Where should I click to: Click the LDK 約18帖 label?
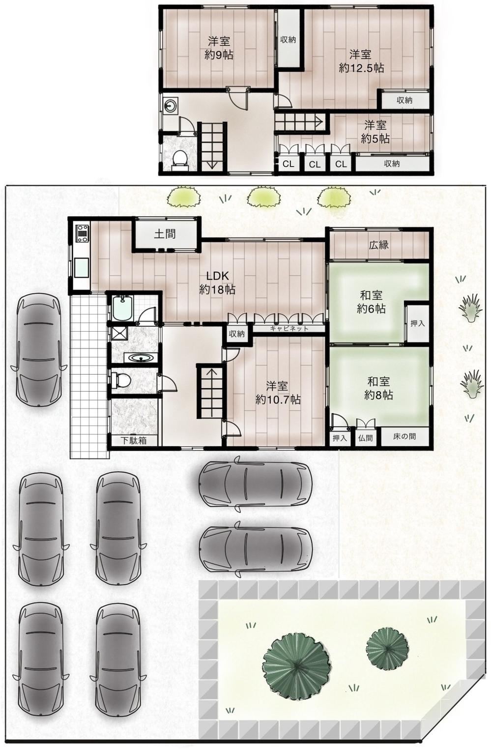click(217, 283)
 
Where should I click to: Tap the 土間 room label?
click(165, 234)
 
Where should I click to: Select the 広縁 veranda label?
click(378, 245)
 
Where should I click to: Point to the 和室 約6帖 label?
click(371, 302)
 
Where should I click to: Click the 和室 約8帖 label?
click(378, 388)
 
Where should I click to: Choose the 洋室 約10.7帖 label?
click(278, 393)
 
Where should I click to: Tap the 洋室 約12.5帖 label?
click(361, 61)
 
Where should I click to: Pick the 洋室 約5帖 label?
click(375, 132)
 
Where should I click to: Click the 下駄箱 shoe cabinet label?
click(134, 440)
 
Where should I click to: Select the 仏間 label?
click(365, 438)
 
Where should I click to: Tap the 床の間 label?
click(404, 437)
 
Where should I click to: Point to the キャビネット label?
click(289, 329)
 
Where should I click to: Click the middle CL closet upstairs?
click(315, 164)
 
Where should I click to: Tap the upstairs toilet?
click(180, 158)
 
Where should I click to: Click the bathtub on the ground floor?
click(123, 308)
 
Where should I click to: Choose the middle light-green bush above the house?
click(263, 197)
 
